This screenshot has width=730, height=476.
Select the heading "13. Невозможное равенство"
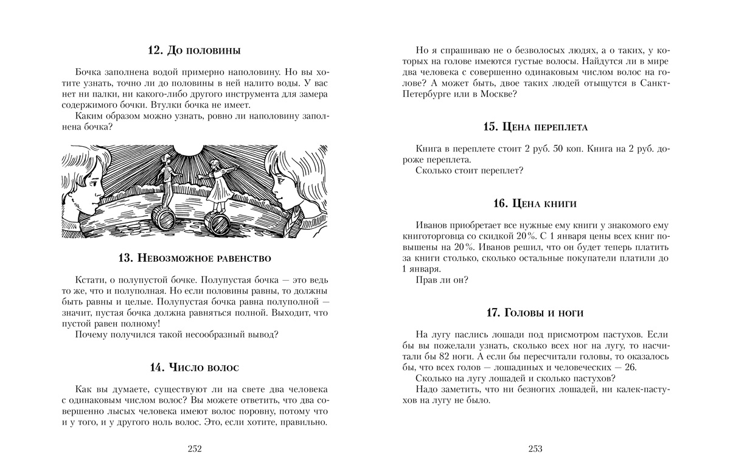195,257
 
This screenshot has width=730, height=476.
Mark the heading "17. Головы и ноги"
535,313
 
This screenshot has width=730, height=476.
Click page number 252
195,449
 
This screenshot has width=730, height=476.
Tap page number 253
535,449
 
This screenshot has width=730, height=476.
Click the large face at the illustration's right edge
292,183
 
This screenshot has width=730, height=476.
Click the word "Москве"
496,94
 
